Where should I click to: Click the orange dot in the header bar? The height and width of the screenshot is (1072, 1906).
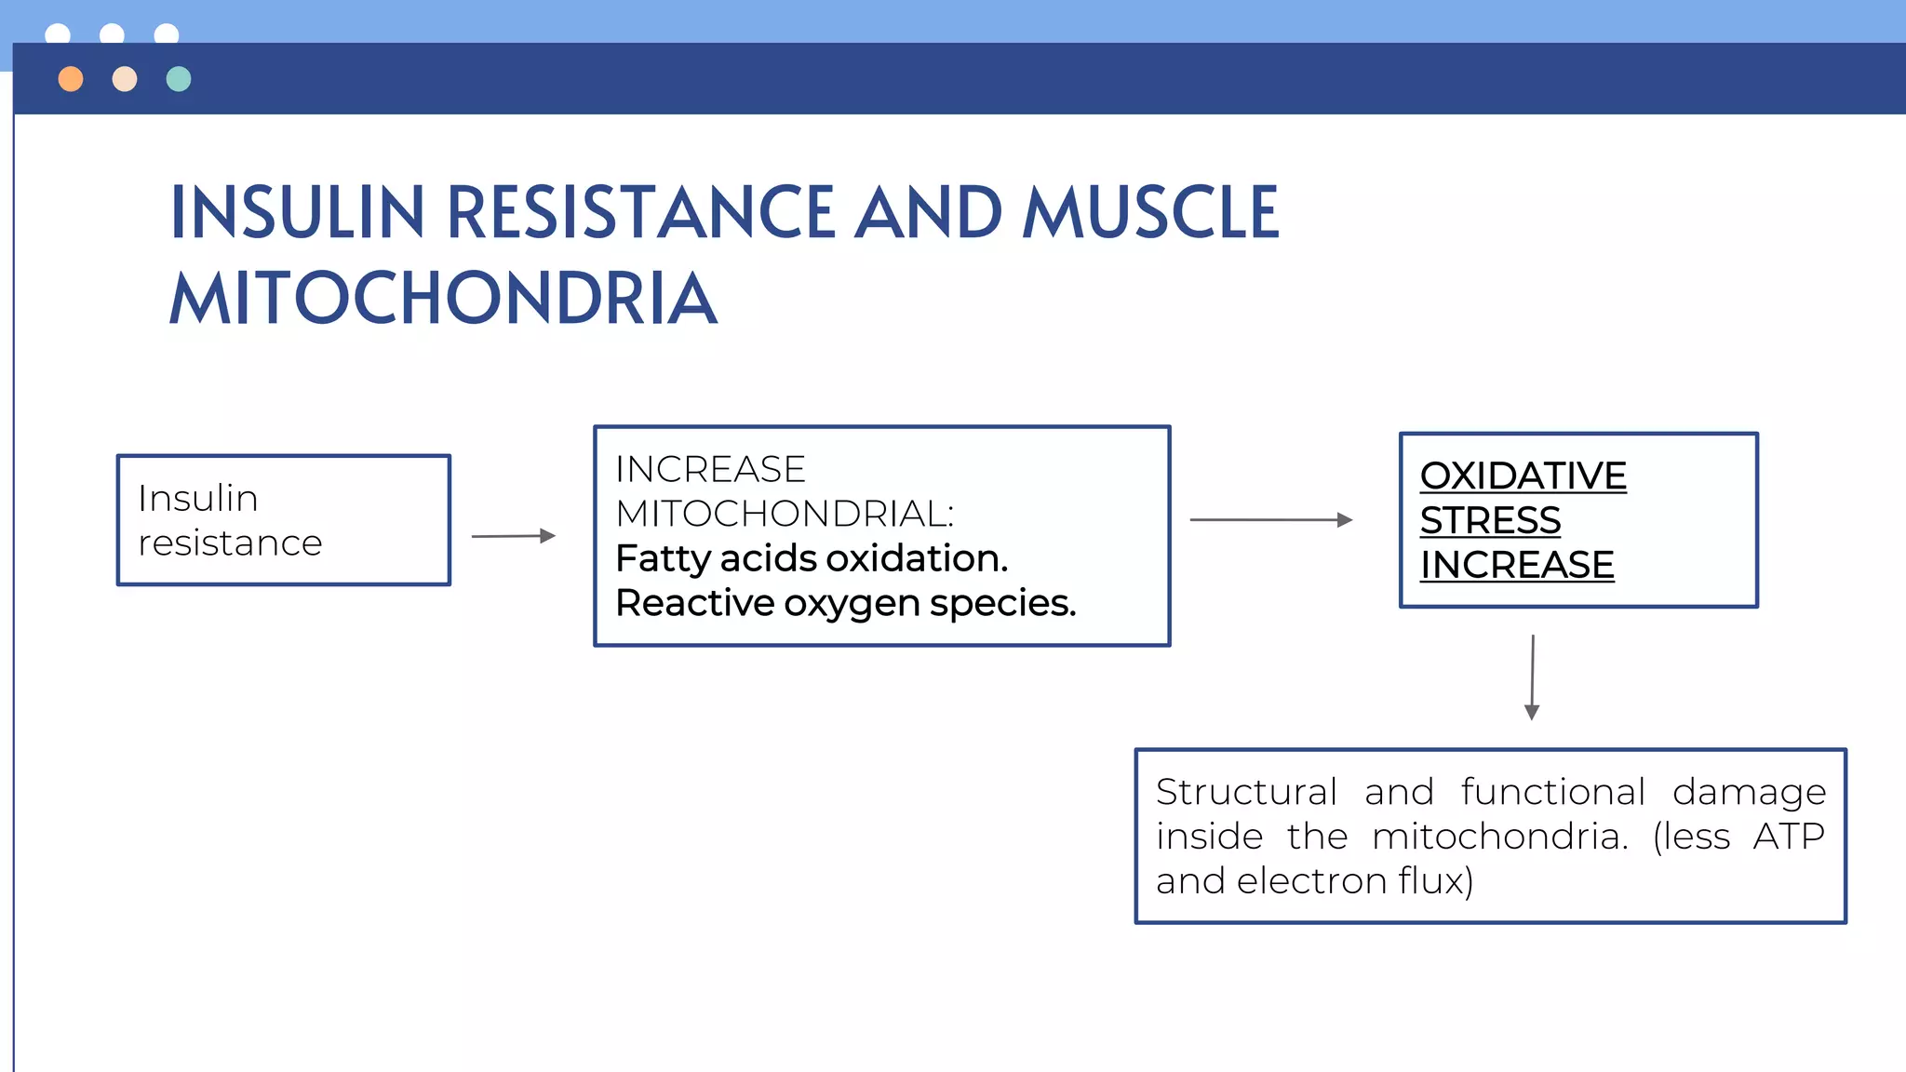[71, 79]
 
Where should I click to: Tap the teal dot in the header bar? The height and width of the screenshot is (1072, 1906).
[179, 79]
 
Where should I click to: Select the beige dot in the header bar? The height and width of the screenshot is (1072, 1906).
[125, 79]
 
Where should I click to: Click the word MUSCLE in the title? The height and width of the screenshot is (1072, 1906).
[1151, 213]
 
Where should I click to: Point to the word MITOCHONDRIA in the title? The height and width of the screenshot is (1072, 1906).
[443, 299]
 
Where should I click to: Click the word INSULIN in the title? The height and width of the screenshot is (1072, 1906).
[298, 213]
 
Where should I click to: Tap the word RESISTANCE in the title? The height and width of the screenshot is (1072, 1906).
[640, 213]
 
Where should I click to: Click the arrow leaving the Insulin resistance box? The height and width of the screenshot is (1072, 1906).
[513, 536]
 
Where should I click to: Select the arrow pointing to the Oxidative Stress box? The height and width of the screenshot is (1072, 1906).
[1270, 519]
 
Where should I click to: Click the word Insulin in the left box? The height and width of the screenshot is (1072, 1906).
[197, 499]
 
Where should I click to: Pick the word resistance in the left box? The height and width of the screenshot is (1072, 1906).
[230, 543]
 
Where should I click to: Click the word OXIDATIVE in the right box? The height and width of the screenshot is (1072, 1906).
[1523, 476]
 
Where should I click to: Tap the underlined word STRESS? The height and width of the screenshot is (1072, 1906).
[1490, 520]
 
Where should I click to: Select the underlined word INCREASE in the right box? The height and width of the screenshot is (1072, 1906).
[1517, 565]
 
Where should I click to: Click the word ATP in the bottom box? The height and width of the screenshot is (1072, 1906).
[1788, 836]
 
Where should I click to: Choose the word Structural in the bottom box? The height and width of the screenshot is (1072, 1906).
[1246, 792]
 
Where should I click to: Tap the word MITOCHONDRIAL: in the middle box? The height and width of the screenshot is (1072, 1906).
[785, 514]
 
